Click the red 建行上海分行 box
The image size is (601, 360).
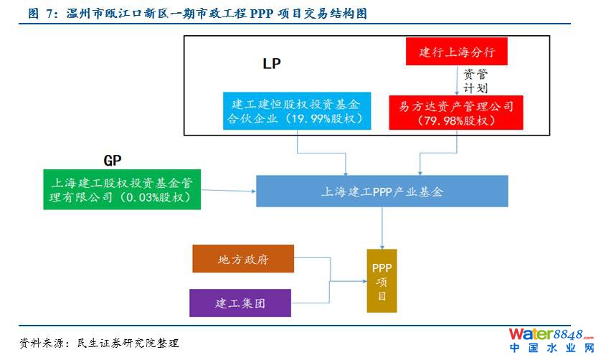click(x=458, y=52)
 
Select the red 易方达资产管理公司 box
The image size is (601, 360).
click(x=457, y=113)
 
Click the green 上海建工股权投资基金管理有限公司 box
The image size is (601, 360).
click(x=122, y=188)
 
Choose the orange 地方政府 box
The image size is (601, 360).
click(x=243, y=259)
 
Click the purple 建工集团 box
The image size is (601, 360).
click(x=240, y=303)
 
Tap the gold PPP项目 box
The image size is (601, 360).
click(x=381, y=280)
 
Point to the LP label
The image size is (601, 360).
click(x=271, y=64)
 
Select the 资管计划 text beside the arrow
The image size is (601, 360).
click(x=475, y=80)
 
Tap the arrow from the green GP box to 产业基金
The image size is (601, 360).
click(x=228, y=191)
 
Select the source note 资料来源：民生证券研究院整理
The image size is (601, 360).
click(x=99, y=344)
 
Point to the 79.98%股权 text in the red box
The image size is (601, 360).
click(x=457, y=120)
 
